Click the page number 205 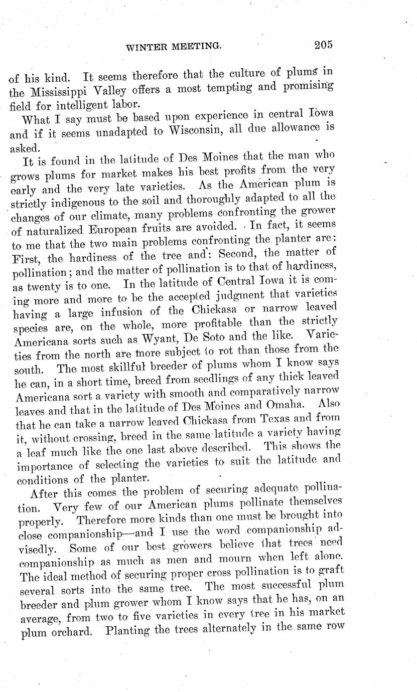pos(324,45)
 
